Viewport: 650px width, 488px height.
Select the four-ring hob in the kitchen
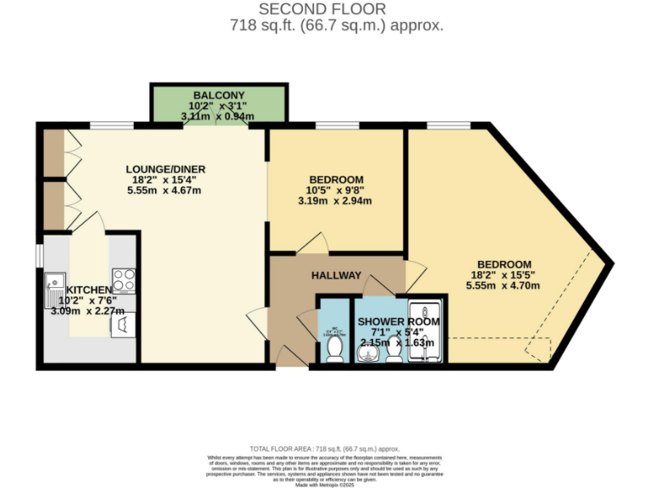click(124, 279)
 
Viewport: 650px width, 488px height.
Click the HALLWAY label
click(336, 275)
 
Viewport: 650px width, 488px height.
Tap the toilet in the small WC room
click(335, 347)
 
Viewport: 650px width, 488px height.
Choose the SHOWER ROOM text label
click(399, 322)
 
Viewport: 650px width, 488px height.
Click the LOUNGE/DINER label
click(166, 169)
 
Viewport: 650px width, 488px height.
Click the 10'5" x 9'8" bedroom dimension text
click(335, 190)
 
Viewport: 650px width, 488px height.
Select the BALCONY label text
click(219, 95)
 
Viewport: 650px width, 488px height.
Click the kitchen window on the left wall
click(39, 255)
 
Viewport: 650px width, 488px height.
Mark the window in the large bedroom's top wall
click(448, 126)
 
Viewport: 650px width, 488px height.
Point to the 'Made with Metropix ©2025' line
click(325, 484)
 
